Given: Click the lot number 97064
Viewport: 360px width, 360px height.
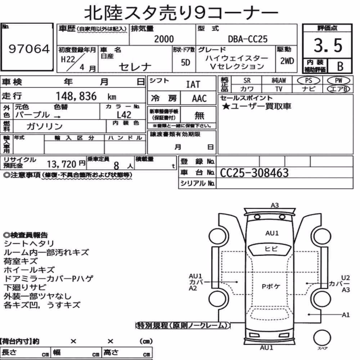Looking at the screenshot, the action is [x=29, y=49].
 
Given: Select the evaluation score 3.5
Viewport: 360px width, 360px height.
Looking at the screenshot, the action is [x=328, y=45].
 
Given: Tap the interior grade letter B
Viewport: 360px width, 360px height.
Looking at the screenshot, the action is [x=340, y=66].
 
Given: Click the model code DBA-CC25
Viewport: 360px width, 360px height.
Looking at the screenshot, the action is [x=248, y=39].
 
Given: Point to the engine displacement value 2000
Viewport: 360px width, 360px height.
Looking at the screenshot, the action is [x=164, y=39].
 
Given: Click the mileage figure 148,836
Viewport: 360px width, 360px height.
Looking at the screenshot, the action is [x=76, y=96].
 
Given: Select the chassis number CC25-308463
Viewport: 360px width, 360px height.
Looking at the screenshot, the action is [x=254, y=173].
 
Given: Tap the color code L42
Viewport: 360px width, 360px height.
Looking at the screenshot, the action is [x=124, y=115].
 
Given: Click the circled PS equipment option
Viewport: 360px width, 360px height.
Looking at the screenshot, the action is [x=309, y=81].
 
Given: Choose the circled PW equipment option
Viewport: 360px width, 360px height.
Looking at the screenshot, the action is [x=338, y=81].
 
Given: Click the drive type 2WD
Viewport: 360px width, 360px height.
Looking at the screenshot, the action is [x=287, y=61].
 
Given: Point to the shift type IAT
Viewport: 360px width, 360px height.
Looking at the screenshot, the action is [x=193, y=85].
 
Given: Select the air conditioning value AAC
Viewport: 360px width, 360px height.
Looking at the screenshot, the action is [x=199, y=99].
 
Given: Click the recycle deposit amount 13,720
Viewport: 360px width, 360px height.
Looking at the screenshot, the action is [x=62, y=164].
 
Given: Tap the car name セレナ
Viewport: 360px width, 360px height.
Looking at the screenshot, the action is [x=135, y=67].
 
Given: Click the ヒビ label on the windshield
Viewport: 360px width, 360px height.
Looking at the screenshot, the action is [x=271, y=249].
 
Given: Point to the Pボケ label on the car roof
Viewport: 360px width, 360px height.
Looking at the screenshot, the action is [x=271, y=286].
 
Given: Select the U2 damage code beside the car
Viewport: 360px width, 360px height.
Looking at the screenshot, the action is [x=345, y=278].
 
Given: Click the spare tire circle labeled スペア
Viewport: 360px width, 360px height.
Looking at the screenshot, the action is [x=322, y=338].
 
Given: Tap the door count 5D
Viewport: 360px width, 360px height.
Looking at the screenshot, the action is [x=185, y=62].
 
